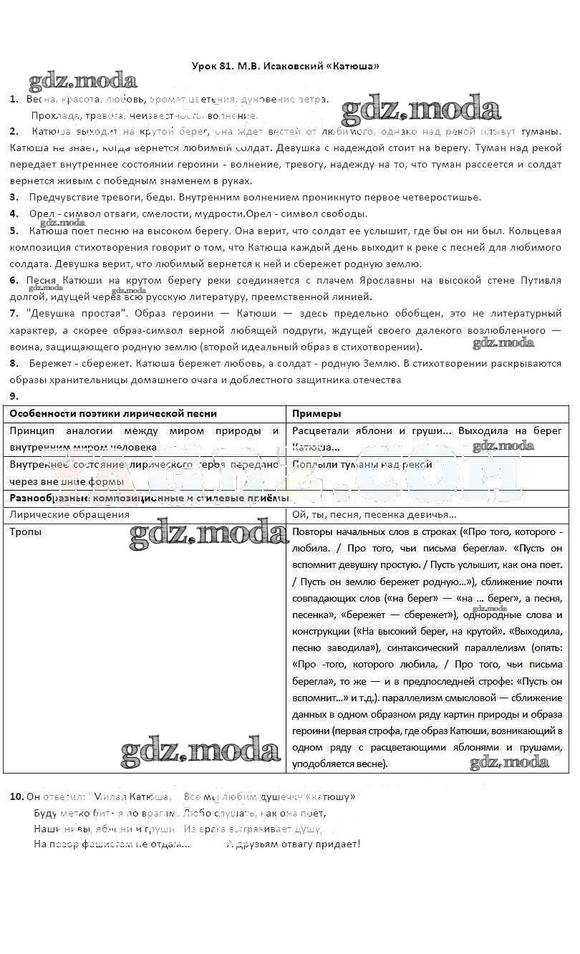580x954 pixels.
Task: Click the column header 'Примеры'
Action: click(x=316, y=413)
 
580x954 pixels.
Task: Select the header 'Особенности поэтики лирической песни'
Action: click(x=113, y=413)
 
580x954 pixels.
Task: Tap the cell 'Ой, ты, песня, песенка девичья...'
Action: click(x=374, y=514)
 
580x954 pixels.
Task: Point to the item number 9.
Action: click(x=14, y=396)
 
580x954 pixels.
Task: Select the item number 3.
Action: click(x=14, y=197)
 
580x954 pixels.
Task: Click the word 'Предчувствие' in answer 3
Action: click(x=62, y=197)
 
